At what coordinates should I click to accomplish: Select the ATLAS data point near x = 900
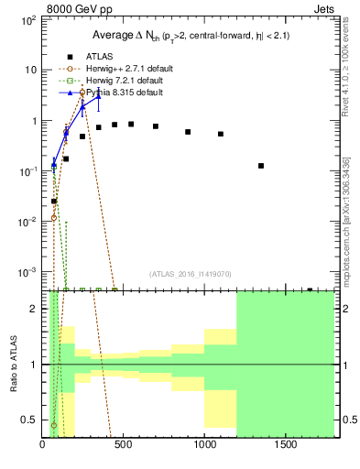point(188,132)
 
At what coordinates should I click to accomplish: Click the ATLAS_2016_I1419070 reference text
point(191,273)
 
